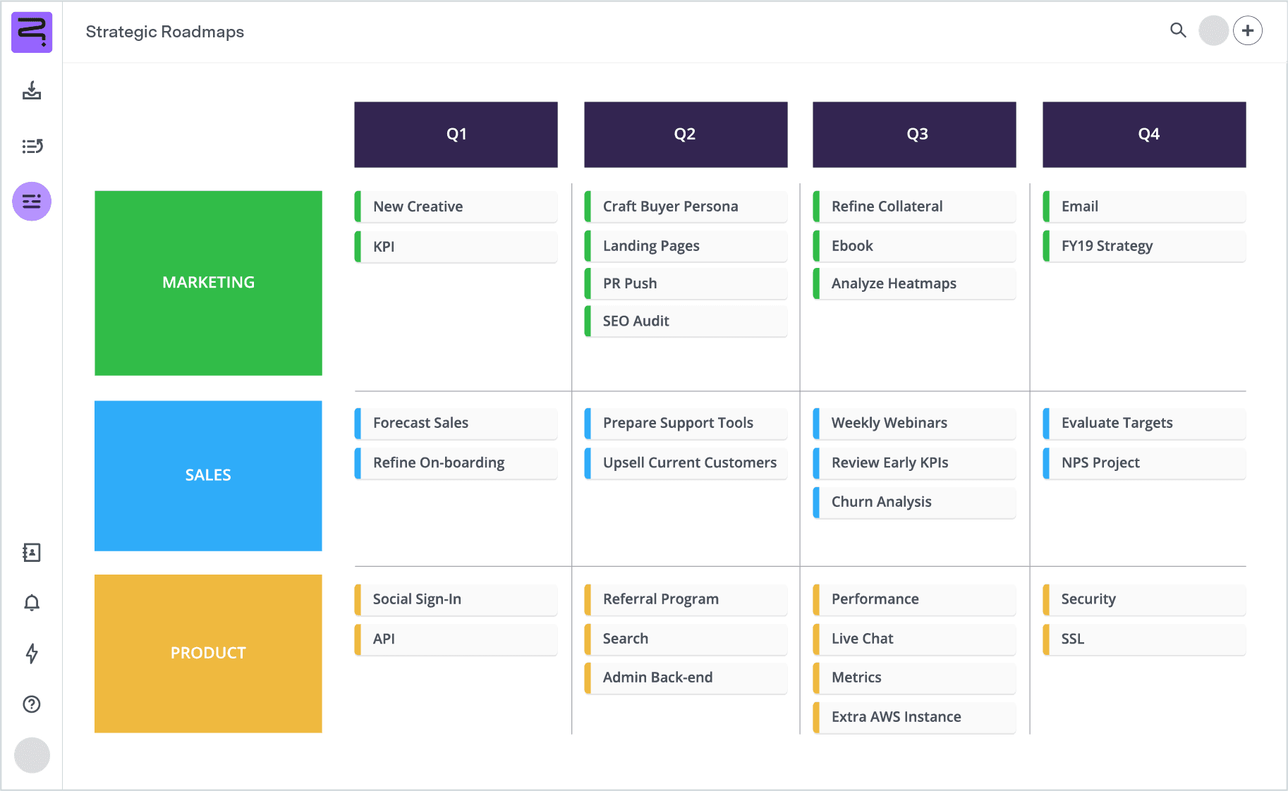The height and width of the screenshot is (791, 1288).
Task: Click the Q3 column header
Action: pyautogui.click(x=914, y=135)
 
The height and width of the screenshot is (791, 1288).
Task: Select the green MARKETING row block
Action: pyautogui.click(x=208, y=283)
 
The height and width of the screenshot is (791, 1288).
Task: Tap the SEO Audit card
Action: pyautogui.click(x=686, y=321)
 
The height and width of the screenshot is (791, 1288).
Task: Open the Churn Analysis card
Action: pyautogui.click(x=914, y=502)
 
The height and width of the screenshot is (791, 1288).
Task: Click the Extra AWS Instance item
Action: pyautogui.click(x=914, y=717)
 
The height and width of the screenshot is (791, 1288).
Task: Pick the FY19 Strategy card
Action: pyautogui.click(x=1144, y=246)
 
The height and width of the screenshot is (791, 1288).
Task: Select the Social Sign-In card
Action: pyautogui.click(x=456, y=599)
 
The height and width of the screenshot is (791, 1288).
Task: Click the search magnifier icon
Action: pyautogui.click(x=1178, y=30)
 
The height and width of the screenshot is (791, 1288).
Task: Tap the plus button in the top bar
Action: pyautogui.click(x=1248, y=30)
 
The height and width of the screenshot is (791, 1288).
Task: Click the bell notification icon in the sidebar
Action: pyautogui.click(x=32, y=603)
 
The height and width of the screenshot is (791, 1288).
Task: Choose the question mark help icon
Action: pyautogui.click(x=32, y=704)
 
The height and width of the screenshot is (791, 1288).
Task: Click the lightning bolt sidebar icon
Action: pyautogui.click(x=32, y=654)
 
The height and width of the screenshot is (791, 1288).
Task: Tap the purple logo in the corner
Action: pyautogui.click(x=32, y=32)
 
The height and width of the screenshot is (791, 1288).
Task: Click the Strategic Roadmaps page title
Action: pyautogui.click(x=165, y=32)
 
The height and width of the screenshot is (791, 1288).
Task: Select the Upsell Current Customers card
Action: pyautogui.click(x=686, y=463)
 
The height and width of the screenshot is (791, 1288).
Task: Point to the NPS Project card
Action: pyautogui.click(x=1144, y=463)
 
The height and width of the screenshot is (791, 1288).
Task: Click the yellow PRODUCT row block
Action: pyautogui.click(x=208, y=654)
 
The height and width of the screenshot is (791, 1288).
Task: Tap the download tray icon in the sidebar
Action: pyautogui.click(x=32, y=90)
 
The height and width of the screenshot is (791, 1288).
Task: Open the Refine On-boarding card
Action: pyautogui.click(x=456, y=463)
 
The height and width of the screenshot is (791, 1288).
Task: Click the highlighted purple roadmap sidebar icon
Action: pyautogui.click(x=32, y=202)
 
